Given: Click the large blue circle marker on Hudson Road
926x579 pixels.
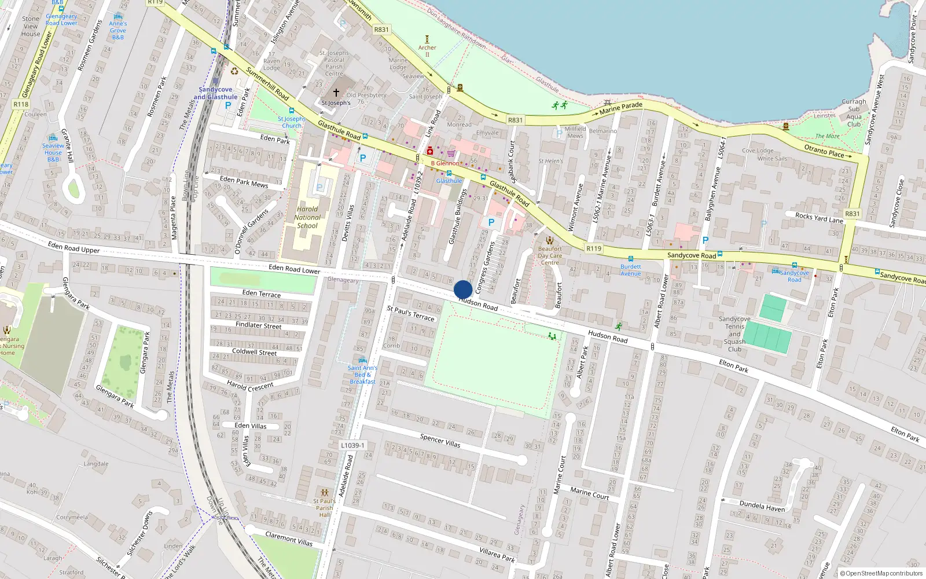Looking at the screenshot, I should tap(463, 289).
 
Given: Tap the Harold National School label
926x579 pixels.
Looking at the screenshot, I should tap(307, 218).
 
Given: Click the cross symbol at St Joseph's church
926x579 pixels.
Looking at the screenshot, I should tap(336, 93).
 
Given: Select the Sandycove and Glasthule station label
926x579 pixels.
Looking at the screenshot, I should tap(215, 93).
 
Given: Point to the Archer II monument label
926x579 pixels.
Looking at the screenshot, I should tap(427, 51).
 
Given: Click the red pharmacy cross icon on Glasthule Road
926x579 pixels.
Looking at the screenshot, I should tap(429, 151).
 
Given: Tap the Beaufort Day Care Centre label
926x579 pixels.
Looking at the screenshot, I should tap(550, 255).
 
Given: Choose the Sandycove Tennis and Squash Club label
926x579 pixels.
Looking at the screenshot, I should tap(734, 334).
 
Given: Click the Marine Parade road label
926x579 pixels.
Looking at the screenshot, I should tap(620, 108).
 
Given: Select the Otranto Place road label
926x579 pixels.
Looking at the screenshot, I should tap(824, 151).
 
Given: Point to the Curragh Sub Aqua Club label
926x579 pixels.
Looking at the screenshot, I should tap(854, 113).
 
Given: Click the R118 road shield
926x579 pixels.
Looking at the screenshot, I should tap(21, 104).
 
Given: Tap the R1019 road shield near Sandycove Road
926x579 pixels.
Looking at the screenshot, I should tap(594, 248).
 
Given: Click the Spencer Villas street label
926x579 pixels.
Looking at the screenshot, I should tap(440, 441).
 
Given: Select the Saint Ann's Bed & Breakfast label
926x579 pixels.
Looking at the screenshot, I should tap(362, 375).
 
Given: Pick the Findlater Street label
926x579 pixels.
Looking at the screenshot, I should tap(258, 325).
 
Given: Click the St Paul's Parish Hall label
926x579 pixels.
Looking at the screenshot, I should tap(324, 508).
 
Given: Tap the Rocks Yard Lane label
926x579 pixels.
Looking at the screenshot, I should tap(819, 218).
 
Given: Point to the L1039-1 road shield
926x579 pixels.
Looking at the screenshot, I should tap(352, 445).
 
